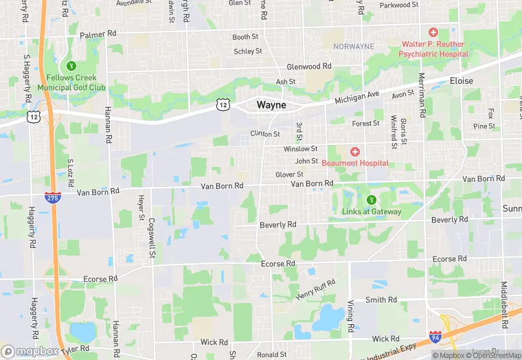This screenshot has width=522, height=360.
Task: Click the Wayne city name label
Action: (x=271, y=105)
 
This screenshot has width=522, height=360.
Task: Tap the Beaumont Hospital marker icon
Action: (x=354, y=151)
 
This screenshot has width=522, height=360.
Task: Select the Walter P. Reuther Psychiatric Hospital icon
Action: (x=433, y=32)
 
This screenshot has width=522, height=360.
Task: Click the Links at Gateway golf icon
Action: (x=371, y=200)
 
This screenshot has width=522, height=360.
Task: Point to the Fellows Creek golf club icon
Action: (x=71, y=66)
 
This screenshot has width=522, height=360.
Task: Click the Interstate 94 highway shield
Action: (x=435, y=337)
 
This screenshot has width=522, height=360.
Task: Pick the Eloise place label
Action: (x=461, y=81)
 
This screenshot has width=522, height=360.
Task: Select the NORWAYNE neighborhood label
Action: (x=354, y=47)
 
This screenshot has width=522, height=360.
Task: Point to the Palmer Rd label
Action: (x=99, y=34)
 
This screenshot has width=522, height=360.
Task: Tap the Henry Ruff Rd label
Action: (x=316, y=289)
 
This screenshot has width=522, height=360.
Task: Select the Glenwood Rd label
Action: (x=309, y=67)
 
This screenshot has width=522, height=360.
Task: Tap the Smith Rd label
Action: (x=381, y=300)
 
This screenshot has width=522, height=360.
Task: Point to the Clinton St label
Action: (x=265, y=134)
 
